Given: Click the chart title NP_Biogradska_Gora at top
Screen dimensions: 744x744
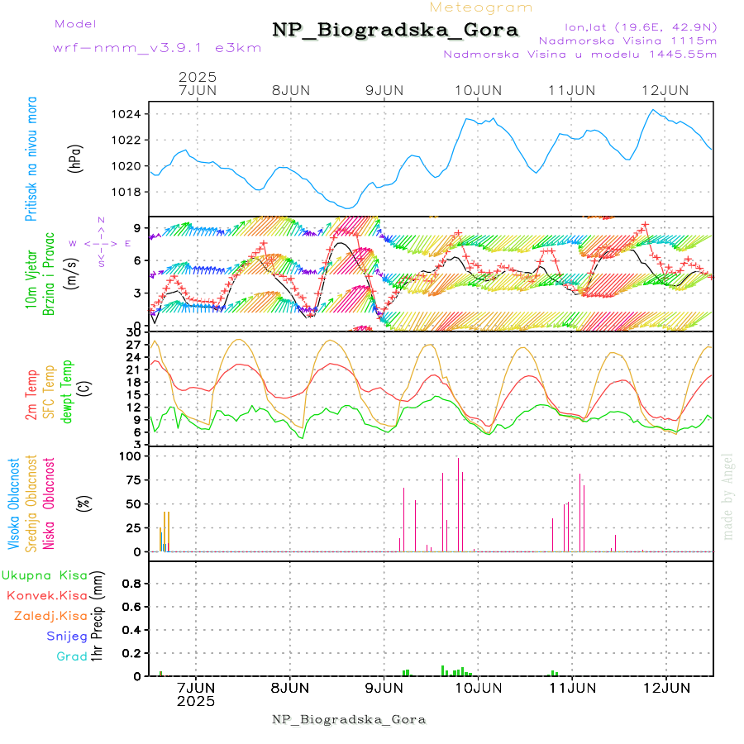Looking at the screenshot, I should [395, 31].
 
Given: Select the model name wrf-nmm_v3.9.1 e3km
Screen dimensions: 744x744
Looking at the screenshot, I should [157, 47].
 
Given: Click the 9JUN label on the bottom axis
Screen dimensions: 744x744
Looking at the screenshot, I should [384, 688].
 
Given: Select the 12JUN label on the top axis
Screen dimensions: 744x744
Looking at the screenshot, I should [666, 90].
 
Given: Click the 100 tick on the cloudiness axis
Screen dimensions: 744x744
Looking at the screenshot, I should [132, 455].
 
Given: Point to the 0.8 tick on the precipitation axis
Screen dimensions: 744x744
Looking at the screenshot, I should [132, 583].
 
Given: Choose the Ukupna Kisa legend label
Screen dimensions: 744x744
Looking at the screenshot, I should [44, 575].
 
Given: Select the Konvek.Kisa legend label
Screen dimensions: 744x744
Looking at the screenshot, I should [47, 595].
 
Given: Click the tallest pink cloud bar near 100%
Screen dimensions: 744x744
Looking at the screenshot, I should [458, 504].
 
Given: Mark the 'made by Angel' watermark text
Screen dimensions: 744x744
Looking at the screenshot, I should [728, 496].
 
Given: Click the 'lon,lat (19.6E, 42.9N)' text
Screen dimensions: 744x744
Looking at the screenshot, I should [640, 26].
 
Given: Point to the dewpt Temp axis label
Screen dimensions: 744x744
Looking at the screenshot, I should [67, 391].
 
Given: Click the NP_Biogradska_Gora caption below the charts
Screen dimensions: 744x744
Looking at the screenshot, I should [349, 719].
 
